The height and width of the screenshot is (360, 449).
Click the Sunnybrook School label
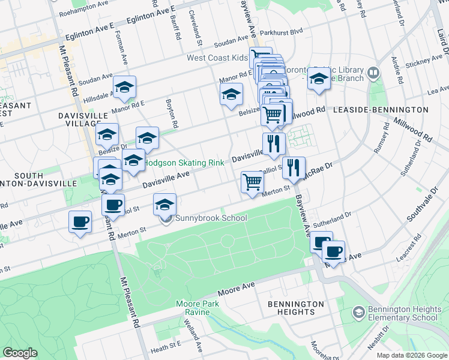point(209,218)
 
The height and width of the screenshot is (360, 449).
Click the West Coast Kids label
point(217,58)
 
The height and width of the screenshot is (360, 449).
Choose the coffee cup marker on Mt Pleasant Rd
point(113,205)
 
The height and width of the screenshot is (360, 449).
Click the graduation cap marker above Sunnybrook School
point(165,205)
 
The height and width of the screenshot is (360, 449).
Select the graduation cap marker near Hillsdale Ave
point(125,87)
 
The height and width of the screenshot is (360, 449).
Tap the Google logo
point(20,353)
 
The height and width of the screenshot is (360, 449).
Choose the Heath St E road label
point(166,347)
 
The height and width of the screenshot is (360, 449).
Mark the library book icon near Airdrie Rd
point(373,73)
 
